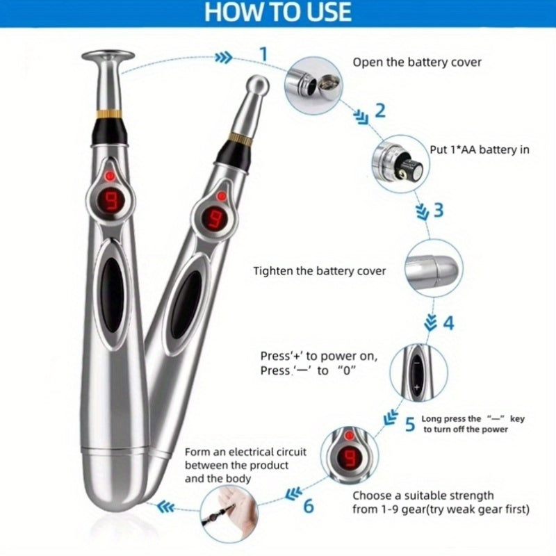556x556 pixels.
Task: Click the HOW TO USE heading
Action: (x=277, y=12)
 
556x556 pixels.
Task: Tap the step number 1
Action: (x=263, y=54)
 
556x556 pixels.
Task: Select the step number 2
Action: (x=379, y=111)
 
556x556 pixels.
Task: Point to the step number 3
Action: (x=439, y=210)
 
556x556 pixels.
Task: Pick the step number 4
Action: (x=448, y=323)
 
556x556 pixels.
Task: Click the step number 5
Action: (x=410, y=425)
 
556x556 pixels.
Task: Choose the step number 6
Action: (x=309, y=506)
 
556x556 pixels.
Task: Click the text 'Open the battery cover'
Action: (x=417, y=63)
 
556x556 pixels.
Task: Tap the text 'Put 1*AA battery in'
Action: (x=480, y=149)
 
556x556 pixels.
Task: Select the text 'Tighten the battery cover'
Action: (x=320, y=271)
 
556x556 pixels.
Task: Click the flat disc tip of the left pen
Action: (x=108, y=56)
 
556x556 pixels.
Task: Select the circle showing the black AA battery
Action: (x=401, y=164)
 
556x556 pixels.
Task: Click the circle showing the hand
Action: (x=229, y=514)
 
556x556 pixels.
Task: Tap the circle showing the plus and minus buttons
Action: (x=418, y=373)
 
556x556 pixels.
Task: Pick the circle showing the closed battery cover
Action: (x=434, y=268)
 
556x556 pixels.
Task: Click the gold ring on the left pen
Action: (x=110, y=114)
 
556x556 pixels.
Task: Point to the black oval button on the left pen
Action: (x=112, y=294)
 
